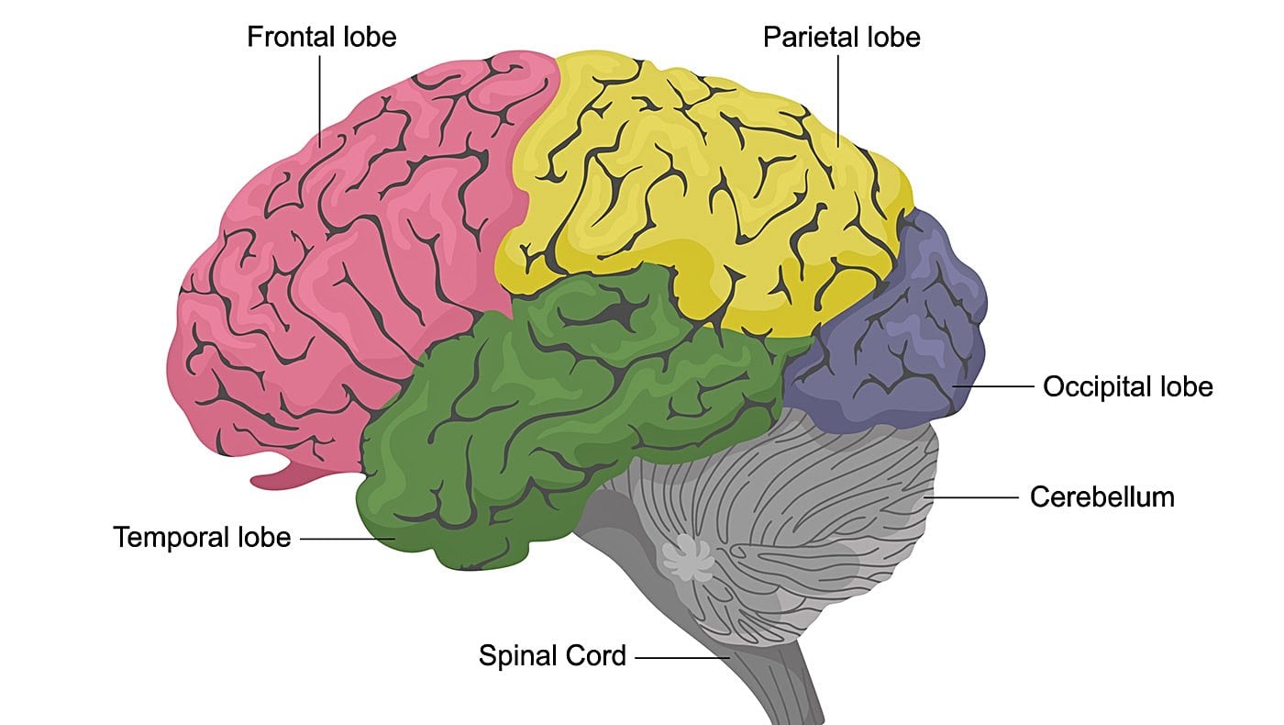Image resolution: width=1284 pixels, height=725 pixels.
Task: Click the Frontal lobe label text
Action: (x=321, y=38)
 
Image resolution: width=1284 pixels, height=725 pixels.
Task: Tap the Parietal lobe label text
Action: (x=841, y=38)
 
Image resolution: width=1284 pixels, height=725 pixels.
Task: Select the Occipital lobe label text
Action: (x=1127, y=387)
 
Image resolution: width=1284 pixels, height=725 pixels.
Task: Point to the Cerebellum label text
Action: (x=1101, y=497)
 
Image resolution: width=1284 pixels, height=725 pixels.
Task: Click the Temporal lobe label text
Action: (x=202, y=537)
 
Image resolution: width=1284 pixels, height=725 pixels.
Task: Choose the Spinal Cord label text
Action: (x=552, y=656)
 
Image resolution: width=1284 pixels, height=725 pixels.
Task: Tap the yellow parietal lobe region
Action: (x=697, y=184)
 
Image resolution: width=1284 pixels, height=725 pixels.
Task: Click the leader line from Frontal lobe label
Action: (x=320, y=101)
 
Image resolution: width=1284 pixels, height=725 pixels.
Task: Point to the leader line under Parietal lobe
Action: (x=838, y=101)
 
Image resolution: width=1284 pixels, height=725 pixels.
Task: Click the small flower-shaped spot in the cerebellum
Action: (x=687, y=557)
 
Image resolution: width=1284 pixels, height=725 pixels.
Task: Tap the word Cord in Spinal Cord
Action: (x=595, y=656)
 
